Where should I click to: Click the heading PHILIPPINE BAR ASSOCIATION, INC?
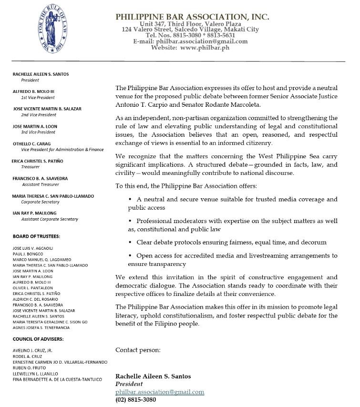[x=192, y=17]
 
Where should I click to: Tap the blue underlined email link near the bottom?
[x=160, y=392]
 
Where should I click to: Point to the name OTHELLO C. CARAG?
[x=31, y=143]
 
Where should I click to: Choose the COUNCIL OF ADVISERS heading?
[x=38, y=339]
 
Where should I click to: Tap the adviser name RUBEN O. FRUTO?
[x=30, y=368]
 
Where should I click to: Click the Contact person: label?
[x=138, y=350]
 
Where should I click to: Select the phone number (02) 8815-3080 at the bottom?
[x=135, y=400]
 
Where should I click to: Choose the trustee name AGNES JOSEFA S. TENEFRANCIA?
[x=41, y=328]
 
